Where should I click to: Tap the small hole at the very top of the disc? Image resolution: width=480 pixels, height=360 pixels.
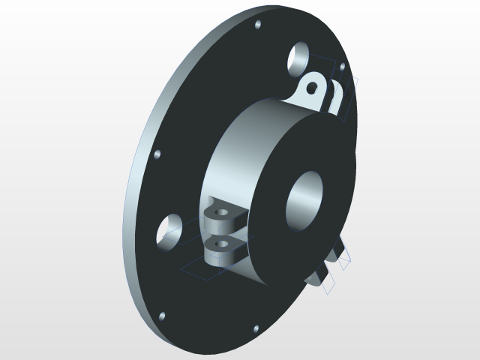(x=259, y=25)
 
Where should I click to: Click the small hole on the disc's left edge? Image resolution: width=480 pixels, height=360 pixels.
(x=157, y=154)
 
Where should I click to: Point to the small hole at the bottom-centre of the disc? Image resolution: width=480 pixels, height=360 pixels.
(x=256, y=328)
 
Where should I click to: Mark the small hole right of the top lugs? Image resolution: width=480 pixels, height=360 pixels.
(x=343, y=67)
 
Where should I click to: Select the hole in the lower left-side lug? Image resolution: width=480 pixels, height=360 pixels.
(x=219, y=244)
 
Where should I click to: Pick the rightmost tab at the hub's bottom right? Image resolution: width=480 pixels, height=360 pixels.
(x=343, y=256)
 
